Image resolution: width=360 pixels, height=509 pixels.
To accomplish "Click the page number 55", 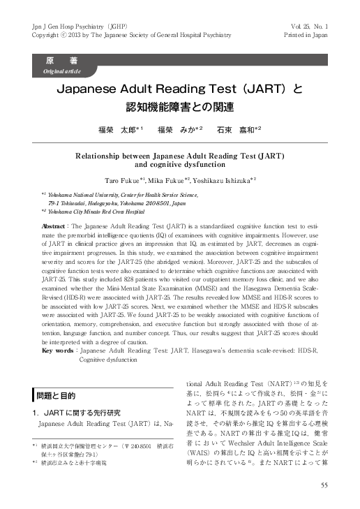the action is coord(324,485).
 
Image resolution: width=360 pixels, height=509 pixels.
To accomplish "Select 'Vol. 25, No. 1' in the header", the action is coord(307,26).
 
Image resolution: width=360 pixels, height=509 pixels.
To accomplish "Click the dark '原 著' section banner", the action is coord(65,61).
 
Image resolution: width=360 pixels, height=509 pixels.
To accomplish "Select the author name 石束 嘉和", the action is coord(239,129).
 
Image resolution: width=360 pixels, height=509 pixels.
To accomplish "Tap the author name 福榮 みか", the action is coord(180,129).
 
